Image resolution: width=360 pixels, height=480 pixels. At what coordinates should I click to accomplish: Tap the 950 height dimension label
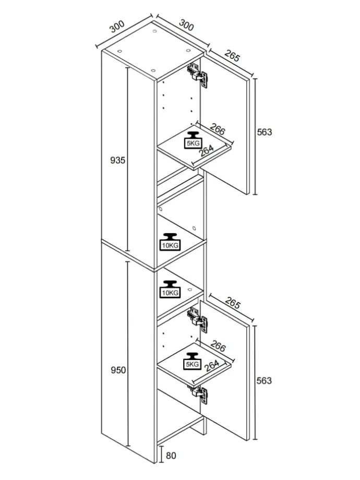[118, 370]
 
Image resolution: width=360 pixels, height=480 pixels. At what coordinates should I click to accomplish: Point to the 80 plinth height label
[171, 455]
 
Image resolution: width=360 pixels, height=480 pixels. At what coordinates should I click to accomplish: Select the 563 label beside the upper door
[265, 132]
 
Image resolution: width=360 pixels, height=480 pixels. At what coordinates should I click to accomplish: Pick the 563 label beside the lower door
[265, 380]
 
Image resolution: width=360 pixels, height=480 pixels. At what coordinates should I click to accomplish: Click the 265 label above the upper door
[232, 56]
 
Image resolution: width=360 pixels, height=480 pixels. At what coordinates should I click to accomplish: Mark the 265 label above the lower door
[232, 304]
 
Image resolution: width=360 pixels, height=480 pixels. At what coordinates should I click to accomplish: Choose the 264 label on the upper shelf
[207, 151]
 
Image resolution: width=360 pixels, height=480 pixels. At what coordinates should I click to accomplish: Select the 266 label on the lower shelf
[218, 347]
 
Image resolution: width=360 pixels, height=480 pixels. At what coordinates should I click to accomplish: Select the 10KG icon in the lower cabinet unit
[170, 290]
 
